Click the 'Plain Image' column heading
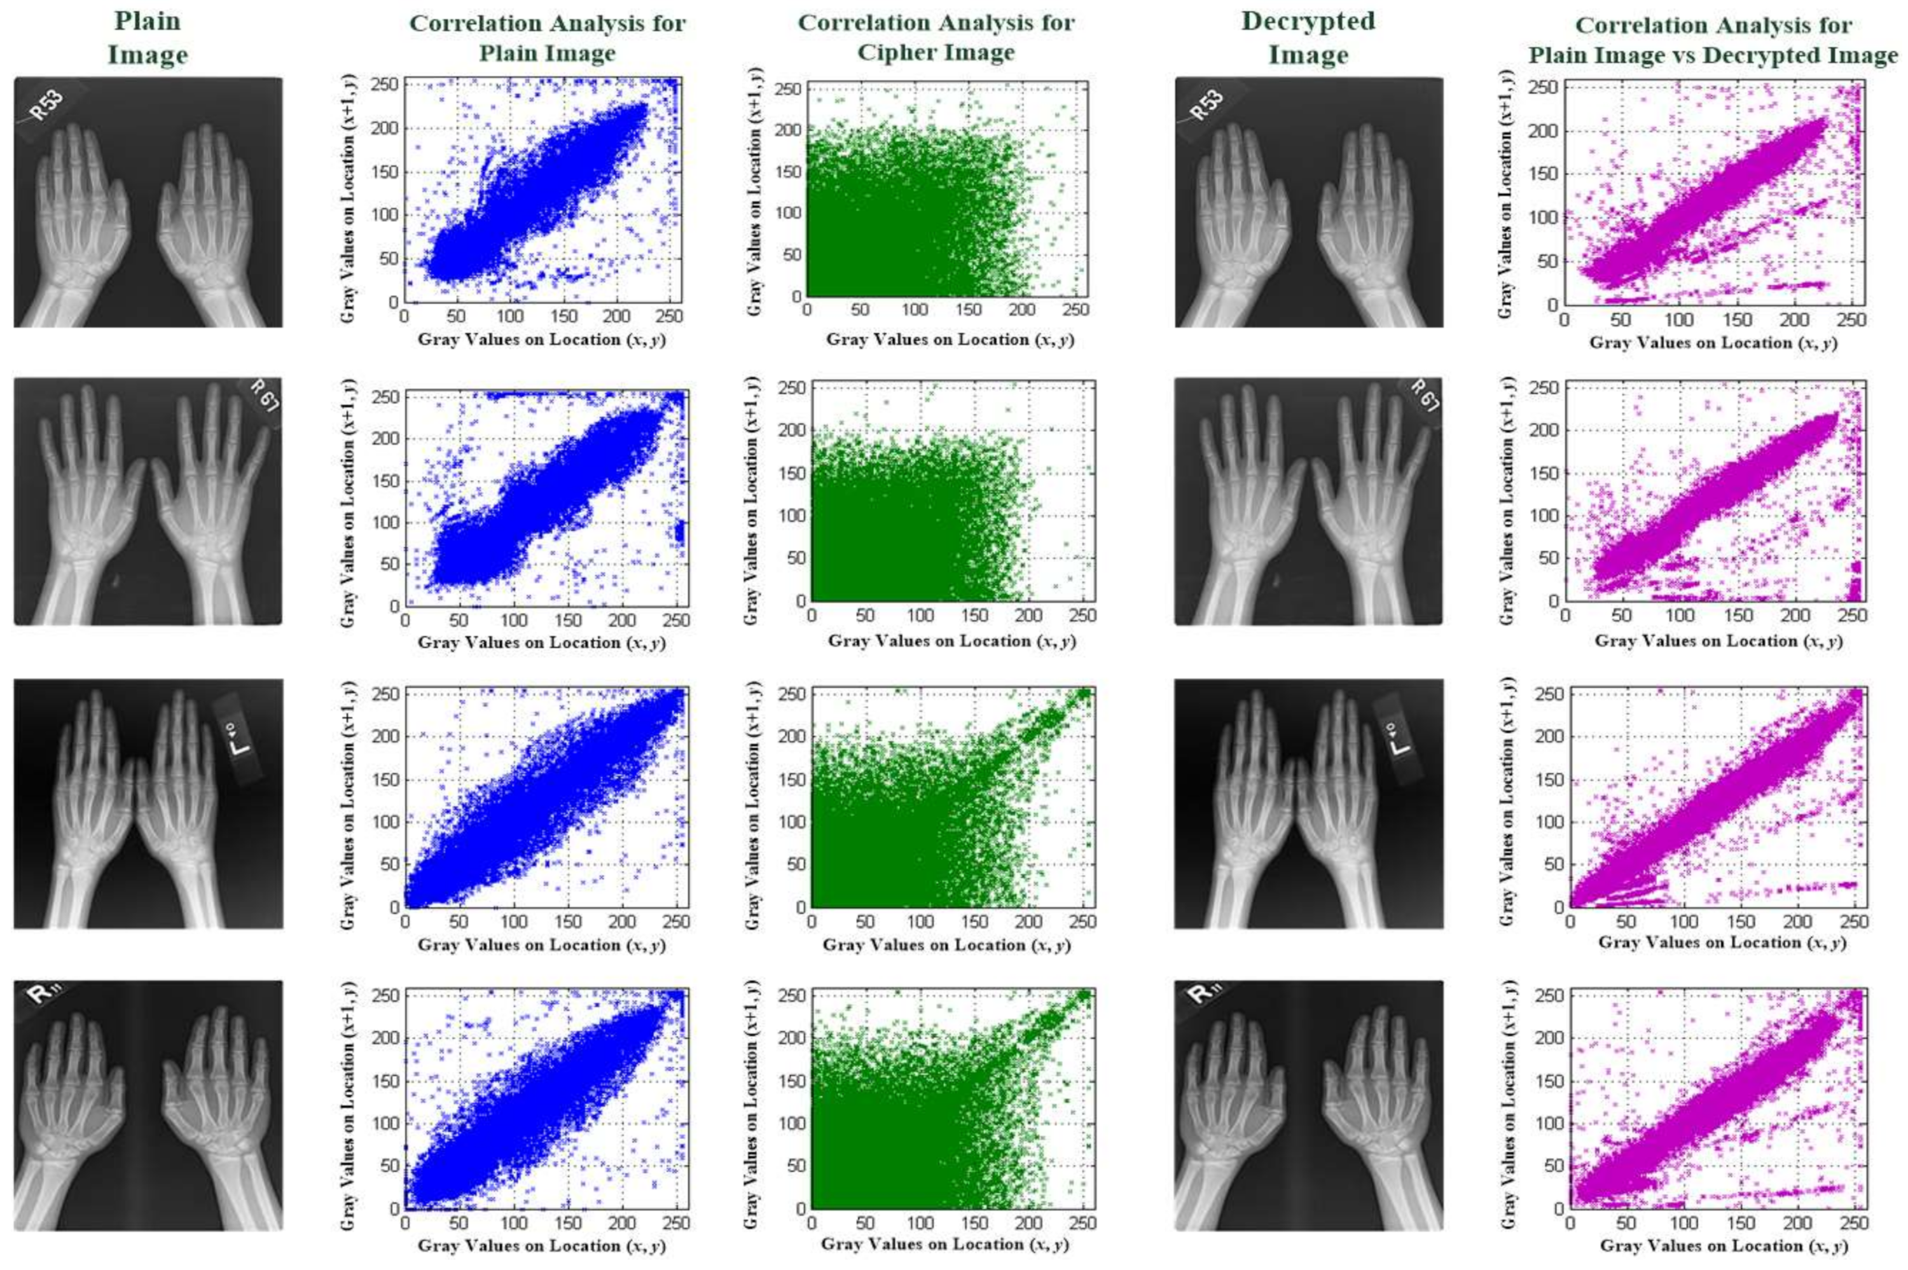[148, 38]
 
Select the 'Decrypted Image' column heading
[1308, 38]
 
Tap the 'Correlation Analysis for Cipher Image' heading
[936, 38]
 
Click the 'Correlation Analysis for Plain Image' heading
[548, 38]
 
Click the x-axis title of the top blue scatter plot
[541, 340]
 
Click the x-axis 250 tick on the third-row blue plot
[677, 921]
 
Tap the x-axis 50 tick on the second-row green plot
[865, 615]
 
